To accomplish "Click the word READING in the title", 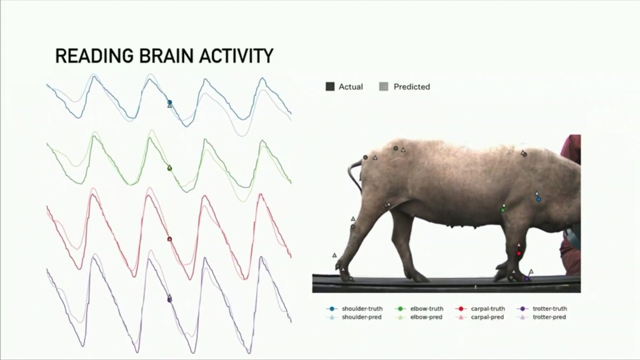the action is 94,55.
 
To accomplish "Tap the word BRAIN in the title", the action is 166,55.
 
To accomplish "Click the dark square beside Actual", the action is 330,86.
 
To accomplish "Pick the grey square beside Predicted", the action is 383,86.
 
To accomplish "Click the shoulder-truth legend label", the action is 362,309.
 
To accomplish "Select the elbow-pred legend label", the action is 426,317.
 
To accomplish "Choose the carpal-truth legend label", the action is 488,309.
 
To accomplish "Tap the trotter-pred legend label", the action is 549,317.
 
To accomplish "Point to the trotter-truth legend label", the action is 550,309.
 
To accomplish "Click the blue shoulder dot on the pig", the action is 539,199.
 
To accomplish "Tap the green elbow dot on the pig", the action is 503,210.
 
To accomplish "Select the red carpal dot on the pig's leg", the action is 519,253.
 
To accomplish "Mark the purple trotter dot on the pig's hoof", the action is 526,278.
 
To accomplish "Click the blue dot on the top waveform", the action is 170,102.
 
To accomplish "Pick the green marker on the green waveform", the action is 170,168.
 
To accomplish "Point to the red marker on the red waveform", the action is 170,239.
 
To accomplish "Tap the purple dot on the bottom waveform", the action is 170,300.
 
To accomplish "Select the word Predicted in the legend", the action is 412,86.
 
